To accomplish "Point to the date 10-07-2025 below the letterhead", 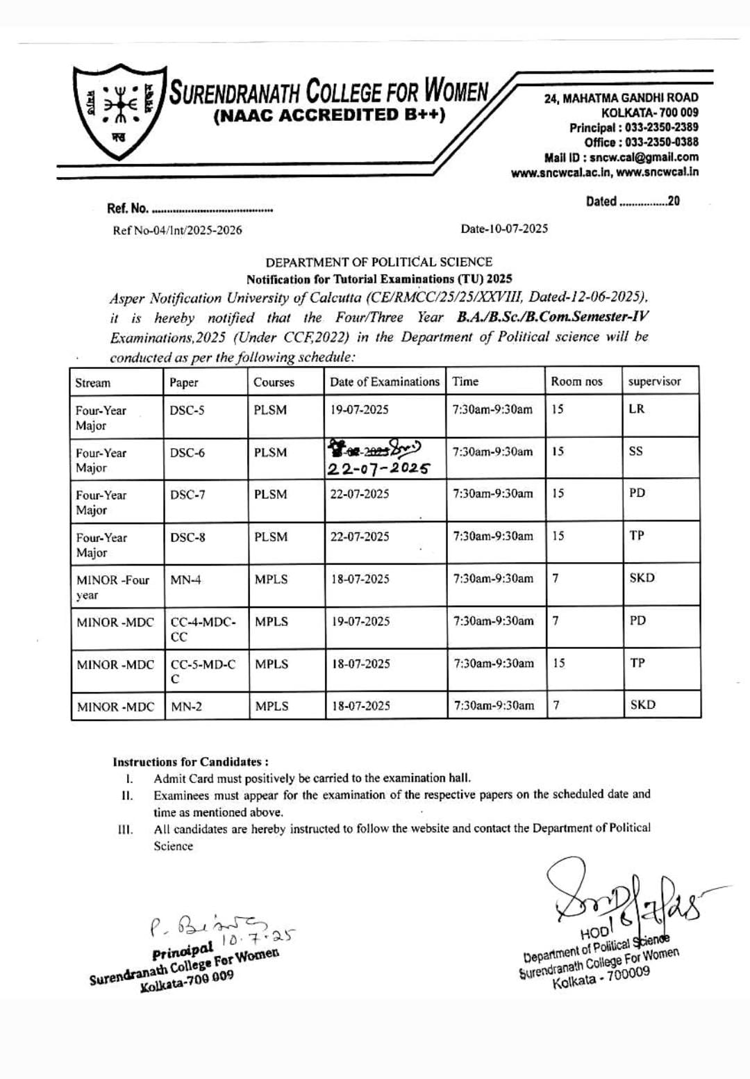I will pos(504,229).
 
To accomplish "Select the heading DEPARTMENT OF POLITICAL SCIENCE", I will pos(378,262).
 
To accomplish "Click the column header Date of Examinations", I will pos(384,381).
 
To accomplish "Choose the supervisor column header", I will pos(654,381).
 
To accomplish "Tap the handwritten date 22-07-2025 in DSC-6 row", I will pos(378,468).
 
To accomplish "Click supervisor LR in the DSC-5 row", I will pos(636,409).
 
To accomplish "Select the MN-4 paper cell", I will pos(185,579).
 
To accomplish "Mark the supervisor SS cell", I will pos(635,451).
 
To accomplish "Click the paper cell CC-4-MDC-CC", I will pos(203,629).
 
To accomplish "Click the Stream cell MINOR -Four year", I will pos(112,587).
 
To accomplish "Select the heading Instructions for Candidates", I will pos(190,761).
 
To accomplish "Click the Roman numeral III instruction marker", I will pos(125,829).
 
